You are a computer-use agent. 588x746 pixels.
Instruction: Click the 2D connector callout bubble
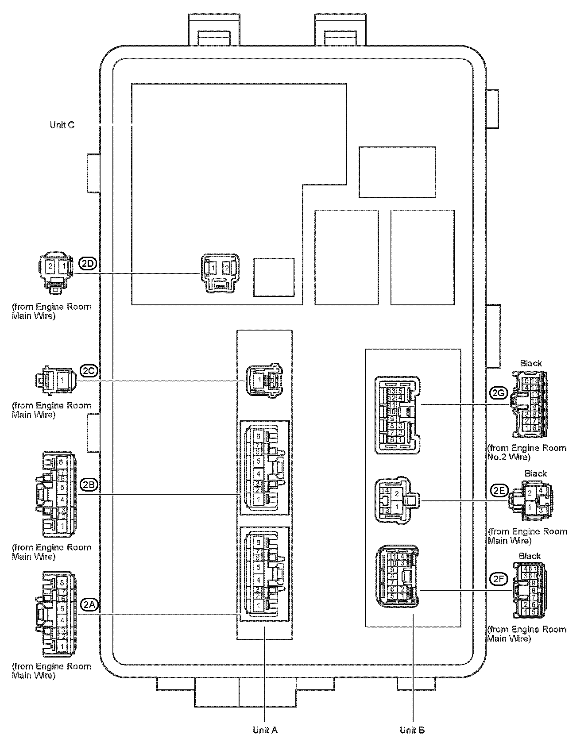point(88,264)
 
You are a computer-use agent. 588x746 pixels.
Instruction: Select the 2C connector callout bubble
point(88,370)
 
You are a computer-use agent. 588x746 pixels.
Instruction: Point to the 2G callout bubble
point(499,393)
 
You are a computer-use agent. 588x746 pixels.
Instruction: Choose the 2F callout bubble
point(499,578)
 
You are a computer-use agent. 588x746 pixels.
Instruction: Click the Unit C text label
point(62,125)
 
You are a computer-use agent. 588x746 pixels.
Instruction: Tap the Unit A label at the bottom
point(265,730)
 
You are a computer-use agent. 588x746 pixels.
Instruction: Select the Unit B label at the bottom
point(412,730)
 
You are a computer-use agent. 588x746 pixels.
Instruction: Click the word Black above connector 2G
point(531,363)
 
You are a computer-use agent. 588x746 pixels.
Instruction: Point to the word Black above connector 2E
point(536,473)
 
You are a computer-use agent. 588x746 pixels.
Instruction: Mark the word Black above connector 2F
point(530,556)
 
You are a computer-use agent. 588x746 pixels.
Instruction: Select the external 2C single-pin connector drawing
point(56,380)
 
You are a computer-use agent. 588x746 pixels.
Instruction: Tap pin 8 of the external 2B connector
point(61,462)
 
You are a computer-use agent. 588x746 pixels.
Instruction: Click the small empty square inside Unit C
point(274,277)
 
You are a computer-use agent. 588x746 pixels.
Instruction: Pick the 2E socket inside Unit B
point(395,501)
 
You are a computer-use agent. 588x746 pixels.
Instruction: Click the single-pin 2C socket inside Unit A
point(264,380)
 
